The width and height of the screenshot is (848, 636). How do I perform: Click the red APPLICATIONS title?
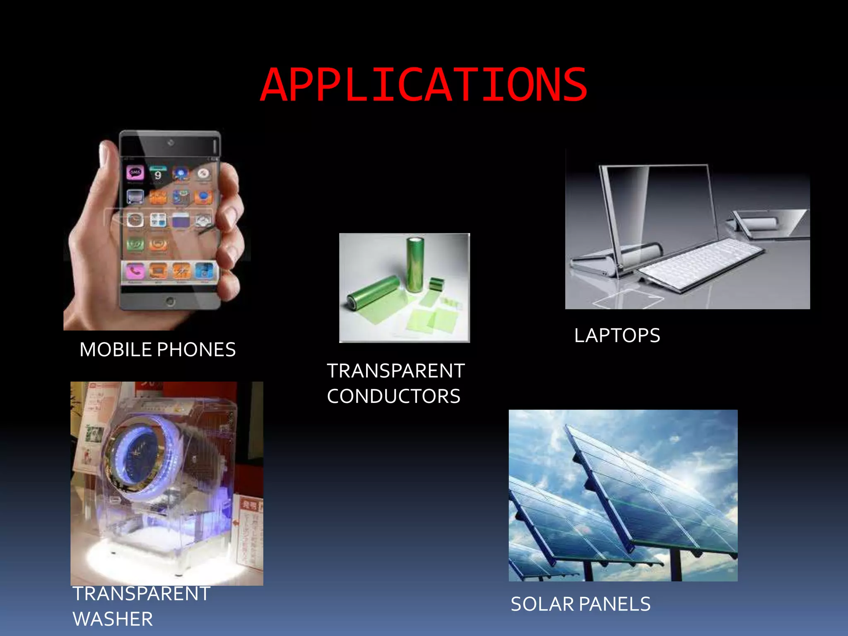coord(424,85)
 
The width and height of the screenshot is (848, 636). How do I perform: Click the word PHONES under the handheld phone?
coord(196,350)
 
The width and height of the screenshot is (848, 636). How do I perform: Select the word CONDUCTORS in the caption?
coord(393,396)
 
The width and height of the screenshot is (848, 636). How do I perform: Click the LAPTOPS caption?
coord(617,335)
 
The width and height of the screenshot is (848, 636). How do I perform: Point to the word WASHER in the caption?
coord(113,619)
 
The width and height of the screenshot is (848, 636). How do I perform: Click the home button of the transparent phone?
coord(170,301)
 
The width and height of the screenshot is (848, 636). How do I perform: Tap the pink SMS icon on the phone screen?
coord(135,172)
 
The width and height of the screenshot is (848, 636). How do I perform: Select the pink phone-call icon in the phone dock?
coord(135,271)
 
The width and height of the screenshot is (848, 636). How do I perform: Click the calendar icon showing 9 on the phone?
coord(158,174)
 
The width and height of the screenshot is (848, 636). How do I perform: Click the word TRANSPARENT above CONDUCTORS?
coord(395,371)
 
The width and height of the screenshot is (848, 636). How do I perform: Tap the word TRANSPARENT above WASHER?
coord(142,594)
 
